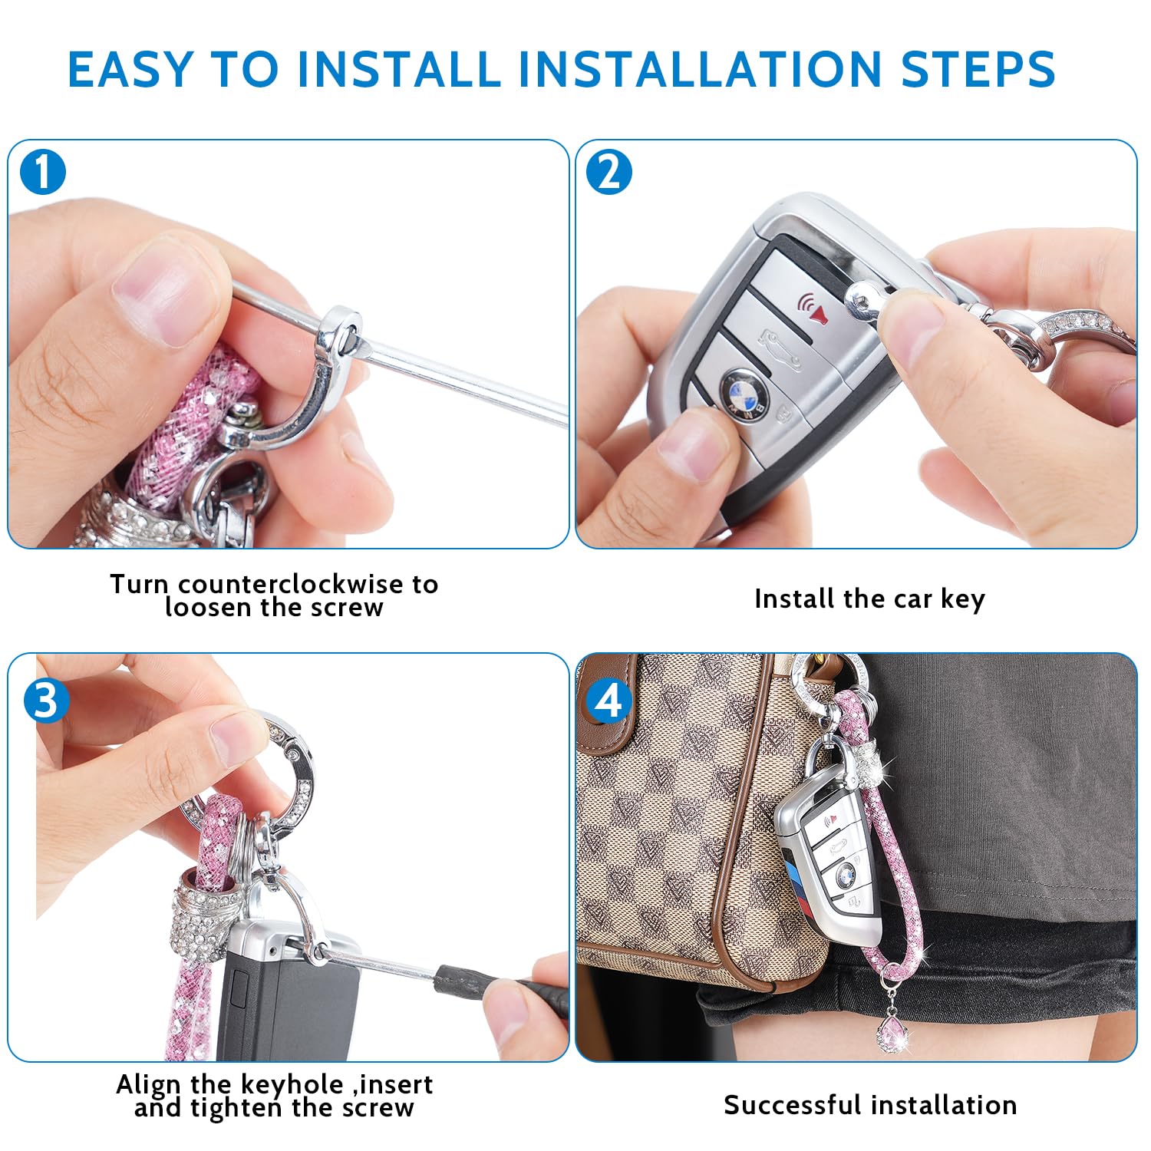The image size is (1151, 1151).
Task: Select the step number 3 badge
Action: pyautogui.click(x=46, y=700)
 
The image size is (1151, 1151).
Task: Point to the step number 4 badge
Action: pyautogui.click(x=609, y=700)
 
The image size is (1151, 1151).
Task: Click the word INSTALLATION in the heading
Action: pyautogui.click(x=701, y=69)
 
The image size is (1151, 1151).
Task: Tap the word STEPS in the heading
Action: pyautogui.click(x=978, y=69)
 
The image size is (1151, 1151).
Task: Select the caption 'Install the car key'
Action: pyautogui.click(x=869, y=599)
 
